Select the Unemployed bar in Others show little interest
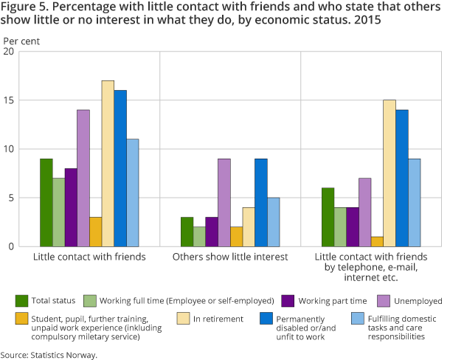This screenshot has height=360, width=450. pyautogui.click(x=224, y=202)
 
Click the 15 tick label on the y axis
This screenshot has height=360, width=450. pyautogui.click(x=9, y=100)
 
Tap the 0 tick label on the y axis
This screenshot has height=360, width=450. pyautogui.click(x=11, y=246)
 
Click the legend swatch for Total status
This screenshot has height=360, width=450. pyautogui.click(x=22, y=300)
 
